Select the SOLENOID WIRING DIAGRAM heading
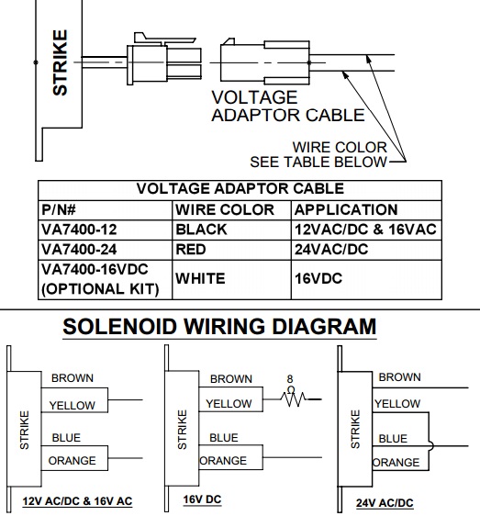tap(219, 327)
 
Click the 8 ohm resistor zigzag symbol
tap(293, 399)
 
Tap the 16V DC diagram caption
tap(202, 499)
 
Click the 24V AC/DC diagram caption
tap(385, 503)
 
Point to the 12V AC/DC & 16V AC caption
tap(77, 501)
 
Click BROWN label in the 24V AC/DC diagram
tap(400, 377)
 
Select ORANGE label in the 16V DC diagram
tap(223, 461)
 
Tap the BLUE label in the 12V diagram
tap(66, 438)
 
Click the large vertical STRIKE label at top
tap(61, 62)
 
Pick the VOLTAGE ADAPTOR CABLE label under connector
tap(288, 107)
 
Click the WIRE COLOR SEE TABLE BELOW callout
tap(318, 154)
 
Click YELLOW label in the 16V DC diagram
tap(229, 404)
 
